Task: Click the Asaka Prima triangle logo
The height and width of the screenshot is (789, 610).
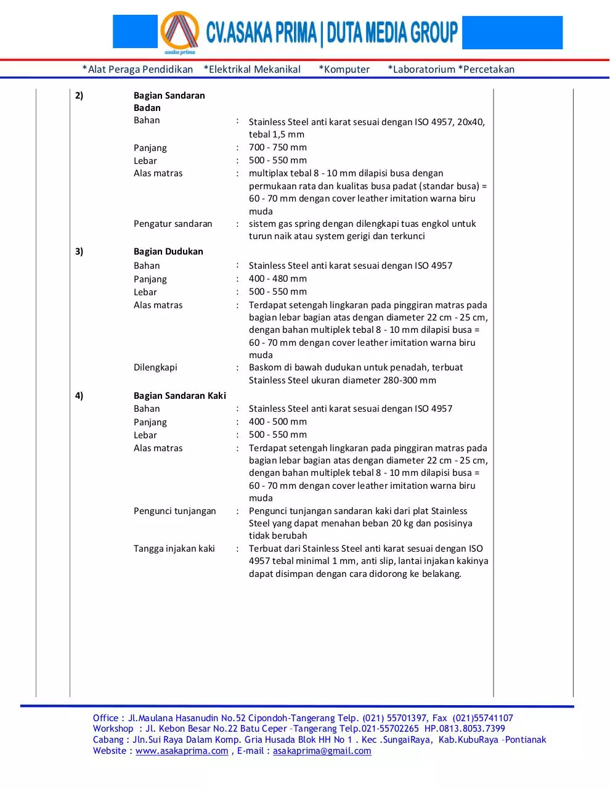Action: click(x=179, y=31)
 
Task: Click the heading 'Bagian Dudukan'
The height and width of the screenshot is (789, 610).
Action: click(x=168, y=251)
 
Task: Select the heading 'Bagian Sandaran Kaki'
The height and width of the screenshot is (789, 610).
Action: click(x=179, y=396)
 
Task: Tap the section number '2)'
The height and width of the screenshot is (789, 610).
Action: click(x=79, y=96)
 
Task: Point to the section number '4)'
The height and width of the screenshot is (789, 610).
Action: click(x=79, y=396)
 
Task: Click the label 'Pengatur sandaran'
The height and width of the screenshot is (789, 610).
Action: click(x=173, y=224)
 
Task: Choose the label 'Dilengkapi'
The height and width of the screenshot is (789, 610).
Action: click(x=155, y=367)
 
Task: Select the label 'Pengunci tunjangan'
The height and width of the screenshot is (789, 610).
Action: click(x=174, y=511)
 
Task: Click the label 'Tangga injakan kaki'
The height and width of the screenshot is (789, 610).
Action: click(x=174, y=549)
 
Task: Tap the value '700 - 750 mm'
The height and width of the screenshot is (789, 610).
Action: click(x=277, y=147)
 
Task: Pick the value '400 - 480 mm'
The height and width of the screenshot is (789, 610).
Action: click(x=277, y=279)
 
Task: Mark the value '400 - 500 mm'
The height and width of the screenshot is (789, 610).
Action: click(x=277, y=422)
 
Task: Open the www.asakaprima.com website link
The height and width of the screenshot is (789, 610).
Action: click(x=182, y=751)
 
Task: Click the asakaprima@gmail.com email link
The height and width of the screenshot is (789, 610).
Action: click(x=322, y=751)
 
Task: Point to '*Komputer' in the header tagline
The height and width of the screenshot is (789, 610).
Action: click(x=344, y=70)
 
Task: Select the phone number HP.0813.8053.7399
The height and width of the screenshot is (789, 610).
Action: click(x=465, y=729)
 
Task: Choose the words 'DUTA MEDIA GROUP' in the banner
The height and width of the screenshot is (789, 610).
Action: click(x=392, y=33)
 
